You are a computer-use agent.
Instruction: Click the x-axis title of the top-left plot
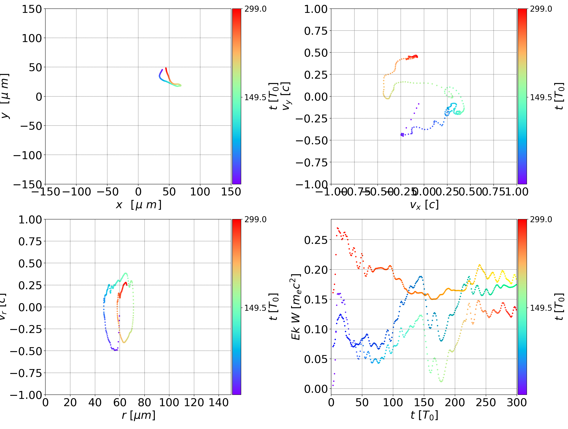click(x=138, y=205)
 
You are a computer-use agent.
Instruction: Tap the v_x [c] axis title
click(x=424, y=205)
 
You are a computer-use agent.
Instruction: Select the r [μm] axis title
click(x=138, y=415)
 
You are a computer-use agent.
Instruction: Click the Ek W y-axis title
click(x=296, y=307)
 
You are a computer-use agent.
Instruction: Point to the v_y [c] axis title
click(x=286, y=96)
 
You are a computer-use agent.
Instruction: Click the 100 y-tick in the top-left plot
click(x=32, y=38)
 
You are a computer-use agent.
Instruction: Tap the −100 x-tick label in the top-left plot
click(x=77, y=192)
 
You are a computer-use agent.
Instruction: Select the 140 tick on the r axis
click(x=219, y=402)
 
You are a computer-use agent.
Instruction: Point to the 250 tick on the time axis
click(x=486, y=402)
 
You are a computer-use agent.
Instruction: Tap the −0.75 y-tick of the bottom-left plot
click(x=26, y=373)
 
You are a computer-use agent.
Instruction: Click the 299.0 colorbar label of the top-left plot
click(x=255, y=9)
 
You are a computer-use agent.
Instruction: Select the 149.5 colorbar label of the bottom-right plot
click(x=541, y=308)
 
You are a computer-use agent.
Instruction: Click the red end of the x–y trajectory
click(x=166, y=69)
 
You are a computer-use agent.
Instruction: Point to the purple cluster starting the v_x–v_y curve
click(x=402, y=134)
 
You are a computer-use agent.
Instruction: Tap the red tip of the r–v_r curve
click(x=126, y=283)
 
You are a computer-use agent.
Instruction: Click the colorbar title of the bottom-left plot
click(x=274, y=307)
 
